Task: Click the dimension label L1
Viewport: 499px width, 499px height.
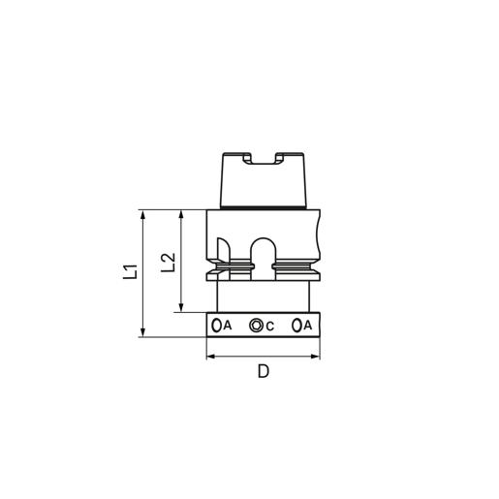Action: click(131, 271)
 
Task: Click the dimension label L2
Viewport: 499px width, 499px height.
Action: click(169, 262)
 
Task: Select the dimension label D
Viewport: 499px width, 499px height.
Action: click(264, 371)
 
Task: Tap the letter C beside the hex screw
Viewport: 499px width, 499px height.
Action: click(269, 327)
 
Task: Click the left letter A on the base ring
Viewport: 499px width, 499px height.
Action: click(228, 326)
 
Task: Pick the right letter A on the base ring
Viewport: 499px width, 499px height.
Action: click(308, 325)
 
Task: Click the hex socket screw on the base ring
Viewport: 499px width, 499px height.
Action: click(257, 325)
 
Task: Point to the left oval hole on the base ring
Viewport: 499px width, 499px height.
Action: click(217, 326)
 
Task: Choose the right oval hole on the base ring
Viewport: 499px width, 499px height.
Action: click(296, 325)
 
